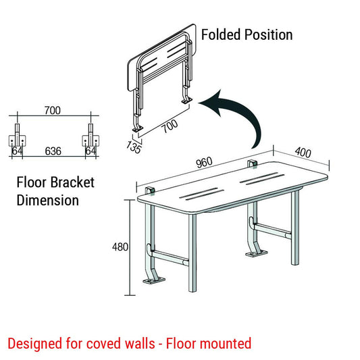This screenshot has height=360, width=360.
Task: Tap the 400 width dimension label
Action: point(303,153)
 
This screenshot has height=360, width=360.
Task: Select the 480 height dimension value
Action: point(120,247)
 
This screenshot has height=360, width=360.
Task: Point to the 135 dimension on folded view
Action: point(133,147)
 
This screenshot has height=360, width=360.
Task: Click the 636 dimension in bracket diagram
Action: point(53,151)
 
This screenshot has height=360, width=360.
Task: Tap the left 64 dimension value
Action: point(17,151)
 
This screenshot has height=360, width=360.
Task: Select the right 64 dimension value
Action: point(89,151)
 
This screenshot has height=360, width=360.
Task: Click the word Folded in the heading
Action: point(222,34)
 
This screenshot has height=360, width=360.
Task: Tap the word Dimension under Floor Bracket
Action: point(47,200)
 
